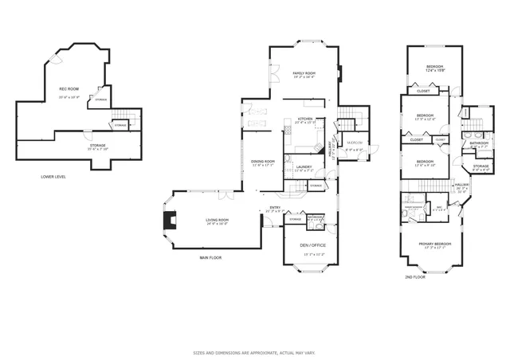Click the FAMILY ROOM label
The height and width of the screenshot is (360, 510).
click(x=304, y=73)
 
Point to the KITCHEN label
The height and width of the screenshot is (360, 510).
click(x=304, y=120)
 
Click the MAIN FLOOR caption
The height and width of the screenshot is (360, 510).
click(x=210, y=258)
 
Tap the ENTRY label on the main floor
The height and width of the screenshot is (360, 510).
click(x=275, y=209)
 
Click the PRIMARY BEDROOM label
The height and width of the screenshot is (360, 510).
click(x=436, y=245)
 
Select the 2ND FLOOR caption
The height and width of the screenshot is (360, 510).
click(x=414, y=276)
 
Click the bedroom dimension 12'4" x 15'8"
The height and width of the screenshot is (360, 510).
click(x=434, y=71)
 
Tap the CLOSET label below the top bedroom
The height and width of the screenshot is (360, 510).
click(x=423, y=91)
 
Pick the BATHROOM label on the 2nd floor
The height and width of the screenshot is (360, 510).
click(x=478, y=143)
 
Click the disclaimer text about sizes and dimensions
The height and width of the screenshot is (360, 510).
click(x=254, y=351)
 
